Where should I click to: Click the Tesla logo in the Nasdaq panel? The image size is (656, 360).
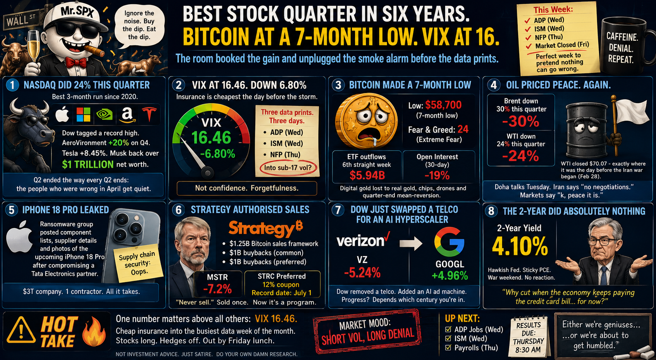(149, 114)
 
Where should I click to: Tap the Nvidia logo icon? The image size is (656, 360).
(105, 114)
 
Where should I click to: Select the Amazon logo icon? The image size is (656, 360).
(127, 114)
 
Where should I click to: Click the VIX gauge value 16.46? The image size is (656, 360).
(211, 138)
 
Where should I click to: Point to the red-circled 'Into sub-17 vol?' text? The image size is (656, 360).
(288, 168)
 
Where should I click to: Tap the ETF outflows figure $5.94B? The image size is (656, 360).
(367, 175)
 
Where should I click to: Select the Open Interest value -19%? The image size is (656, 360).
(437, 175)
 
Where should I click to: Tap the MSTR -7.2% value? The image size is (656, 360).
(217, 289)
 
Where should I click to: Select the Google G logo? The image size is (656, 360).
(449, 242)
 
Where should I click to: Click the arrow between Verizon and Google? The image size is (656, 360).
(411, 243)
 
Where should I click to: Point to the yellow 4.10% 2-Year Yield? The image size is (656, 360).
(520, 246)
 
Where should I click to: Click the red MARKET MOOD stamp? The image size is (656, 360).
(367, 331)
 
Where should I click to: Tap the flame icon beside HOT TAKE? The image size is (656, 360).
(94, 331)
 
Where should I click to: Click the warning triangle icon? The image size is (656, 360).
(21, 331)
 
